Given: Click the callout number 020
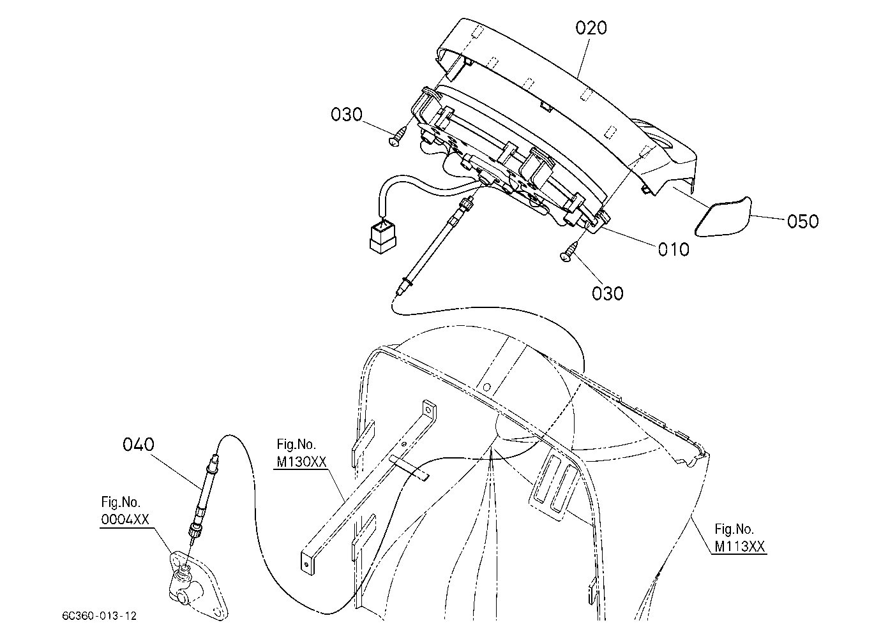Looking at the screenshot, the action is (591, 28).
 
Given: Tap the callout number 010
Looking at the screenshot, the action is (674, 249).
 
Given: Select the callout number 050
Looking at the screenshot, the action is (802, 222).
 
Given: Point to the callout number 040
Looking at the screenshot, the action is (138, 444).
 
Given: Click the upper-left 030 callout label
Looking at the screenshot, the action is (346, 115).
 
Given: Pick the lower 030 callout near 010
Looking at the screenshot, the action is (608, 293).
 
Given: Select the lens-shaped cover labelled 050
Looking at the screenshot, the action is (723, 217).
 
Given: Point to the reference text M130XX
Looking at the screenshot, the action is (302, 462).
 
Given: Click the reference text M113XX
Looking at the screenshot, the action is (739, 547).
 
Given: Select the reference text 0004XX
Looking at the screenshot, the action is (125, 520).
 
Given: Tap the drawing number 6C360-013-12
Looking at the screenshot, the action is (100, 616).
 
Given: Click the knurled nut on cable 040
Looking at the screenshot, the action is (194, 531).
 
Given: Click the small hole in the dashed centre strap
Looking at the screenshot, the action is (486, 388).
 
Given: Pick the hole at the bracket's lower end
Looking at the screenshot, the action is (307, 565).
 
